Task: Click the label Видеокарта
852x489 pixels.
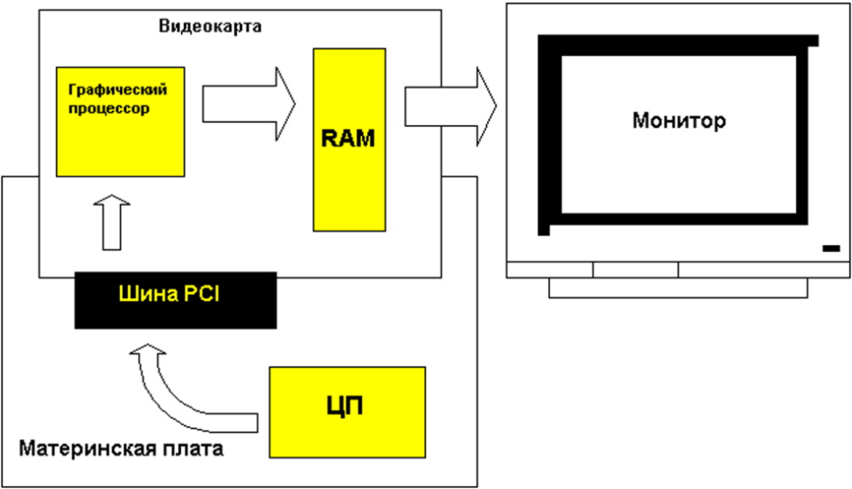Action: click(209, 26)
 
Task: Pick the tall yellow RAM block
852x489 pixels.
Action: click(350, 177)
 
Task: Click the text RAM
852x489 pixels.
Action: click(349, 138)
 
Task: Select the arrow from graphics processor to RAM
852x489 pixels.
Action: click(248, 104)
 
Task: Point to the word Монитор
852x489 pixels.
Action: click(679, 120)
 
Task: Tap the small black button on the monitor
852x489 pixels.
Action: click(831, 248)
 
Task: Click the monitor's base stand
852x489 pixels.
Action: click(678, 288)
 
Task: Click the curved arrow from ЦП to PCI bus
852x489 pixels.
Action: click(177, 382)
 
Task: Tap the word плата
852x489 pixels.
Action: click(196, 448)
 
